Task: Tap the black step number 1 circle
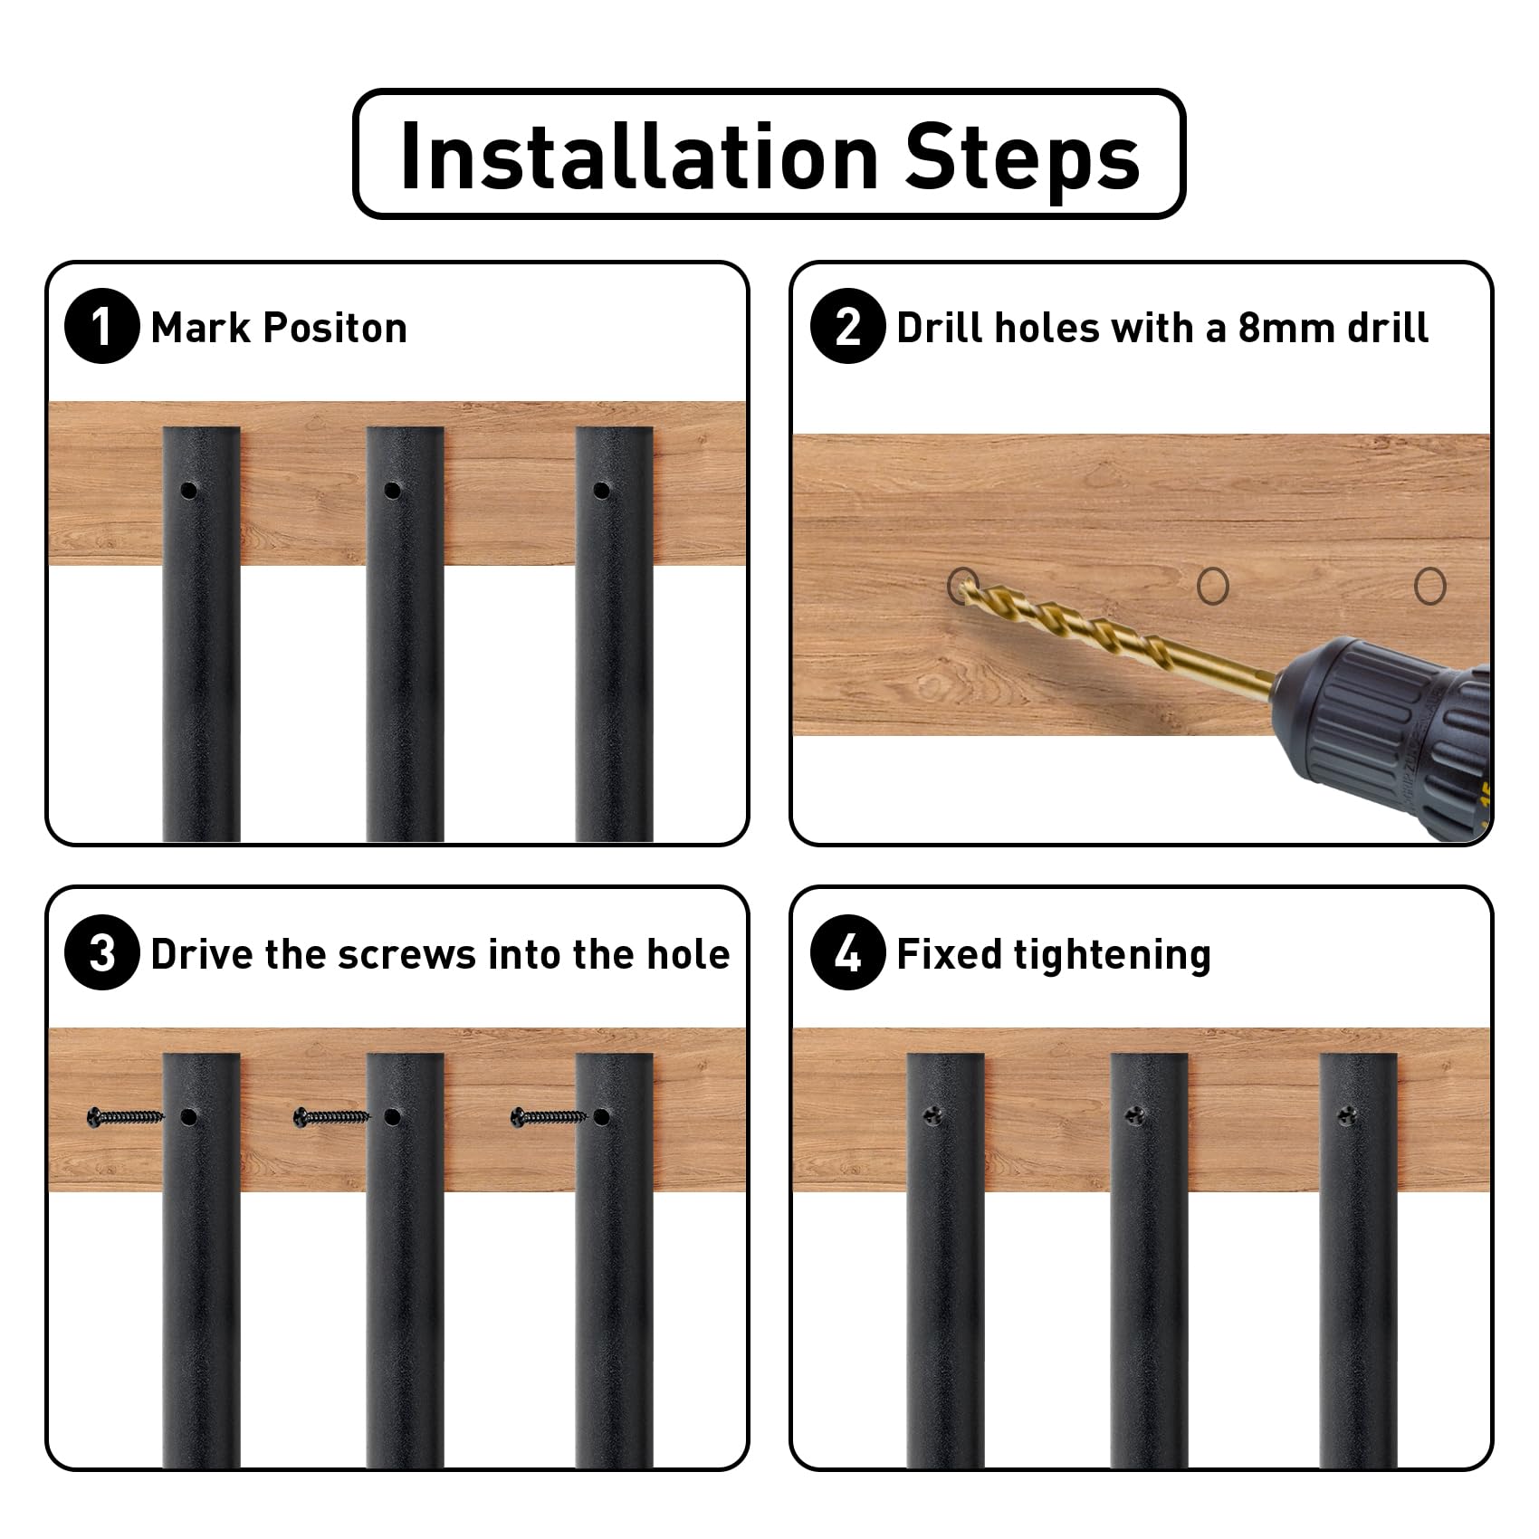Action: pyautogui.click(x=102, y=326)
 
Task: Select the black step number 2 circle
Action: pyautogui.click(x=847, y=326)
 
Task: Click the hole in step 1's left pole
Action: pyautogui.click(x=188, y=492)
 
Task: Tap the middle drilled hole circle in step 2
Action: pyautogui.click(x=1213, y=586)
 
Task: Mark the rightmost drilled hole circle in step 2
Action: pyautogui.click(x=1430, y=586)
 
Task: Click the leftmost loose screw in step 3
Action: pyautogui.click(x=126, y=1117)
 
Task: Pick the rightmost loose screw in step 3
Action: pyautogui.click(x=549, y=1117)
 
